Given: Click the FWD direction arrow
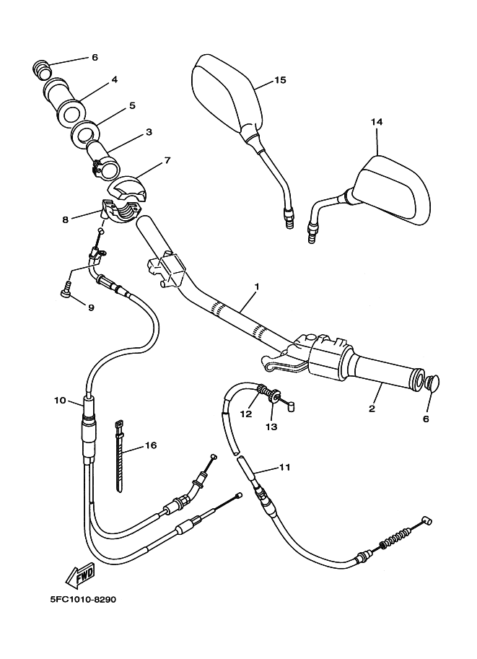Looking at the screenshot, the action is coord(80,575).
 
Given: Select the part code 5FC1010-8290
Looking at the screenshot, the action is coord(83,599).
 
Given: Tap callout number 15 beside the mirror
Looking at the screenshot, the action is coord(280,80).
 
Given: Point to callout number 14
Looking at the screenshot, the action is coord(377,122).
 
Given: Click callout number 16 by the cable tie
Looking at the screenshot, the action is coord(150,445).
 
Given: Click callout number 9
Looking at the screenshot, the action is coord(91,307).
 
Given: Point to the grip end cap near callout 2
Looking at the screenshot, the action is coord(432,383).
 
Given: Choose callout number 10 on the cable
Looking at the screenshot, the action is coord(60,401).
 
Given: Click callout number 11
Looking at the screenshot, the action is coord(284,467).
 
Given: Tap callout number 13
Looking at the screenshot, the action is coord(271,427).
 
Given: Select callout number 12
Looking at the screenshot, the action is coord(246,414).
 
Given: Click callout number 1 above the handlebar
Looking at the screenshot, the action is coord(257,287).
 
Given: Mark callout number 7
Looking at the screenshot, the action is coord(167,160).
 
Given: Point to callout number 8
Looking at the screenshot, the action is coord(65,219).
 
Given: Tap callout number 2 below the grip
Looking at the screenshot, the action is coord(372,408).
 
